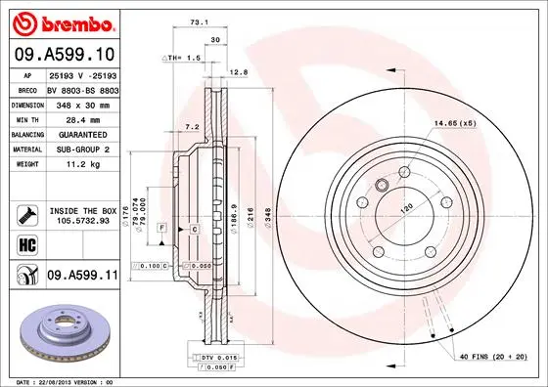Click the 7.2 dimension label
click(193, 127)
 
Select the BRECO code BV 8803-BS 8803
click(82, 89)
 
